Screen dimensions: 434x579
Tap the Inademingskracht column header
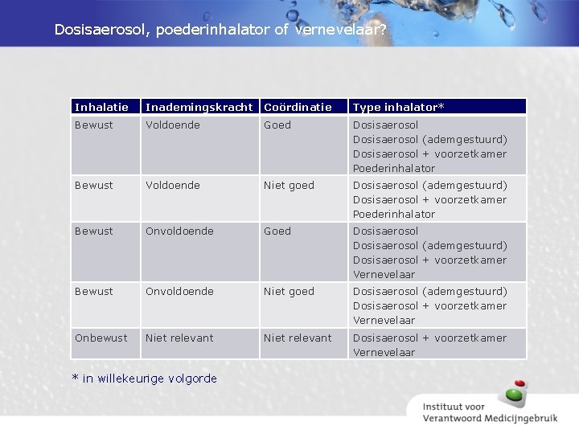pyautogui.click(x=199, y=107)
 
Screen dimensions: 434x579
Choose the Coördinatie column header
pyautogui.click(x=298, y=107)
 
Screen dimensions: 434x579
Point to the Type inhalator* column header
pyautogui.click(x=398, y=107)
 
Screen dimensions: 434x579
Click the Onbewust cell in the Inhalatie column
pyautogui.click(x=101, y=338)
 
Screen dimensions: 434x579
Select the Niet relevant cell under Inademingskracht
pyautogui.click(x=179, y=338)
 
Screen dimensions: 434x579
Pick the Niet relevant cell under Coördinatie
pyautogui.click(x=298, y=338)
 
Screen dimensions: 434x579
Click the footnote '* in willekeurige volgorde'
pyautogui.click(x=144, y=378)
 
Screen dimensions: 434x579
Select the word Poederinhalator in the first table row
pyautogui.click(x=394, y=168)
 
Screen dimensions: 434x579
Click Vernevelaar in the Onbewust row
pyautogui.click(x=384, y=352)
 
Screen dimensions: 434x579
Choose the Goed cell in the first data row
pyautogui.click(x=277, y=125)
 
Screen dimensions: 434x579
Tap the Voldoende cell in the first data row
pyautogui.click(x=172, y=125)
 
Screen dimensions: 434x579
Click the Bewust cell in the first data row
pyautogui.click(x=94, y=125)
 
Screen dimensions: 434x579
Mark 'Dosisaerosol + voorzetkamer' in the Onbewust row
pyautogui.click(x=429, y=338)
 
